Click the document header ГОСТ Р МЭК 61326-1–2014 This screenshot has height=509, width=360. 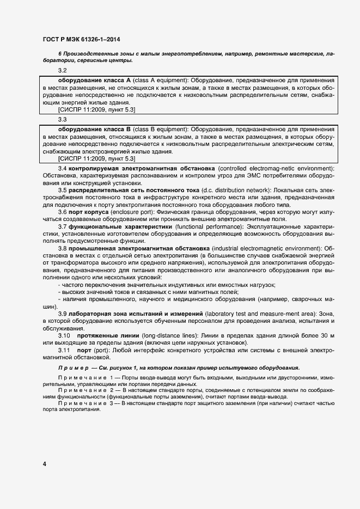pyautogui.click(x=81, y=40)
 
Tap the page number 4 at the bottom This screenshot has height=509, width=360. pyautogui.click(x=44, y=463)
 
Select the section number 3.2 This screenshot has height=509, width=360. pyautogui.click(x=62, y=71)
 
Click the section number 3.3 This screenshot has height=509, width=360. pyautogui.click(x=62, y=119)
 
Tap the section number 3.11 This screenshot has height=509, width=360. pyautogui.click(x=65, y=351)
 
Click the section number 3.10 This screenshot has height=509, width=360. pyautogui.click(x=65, y=336)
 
